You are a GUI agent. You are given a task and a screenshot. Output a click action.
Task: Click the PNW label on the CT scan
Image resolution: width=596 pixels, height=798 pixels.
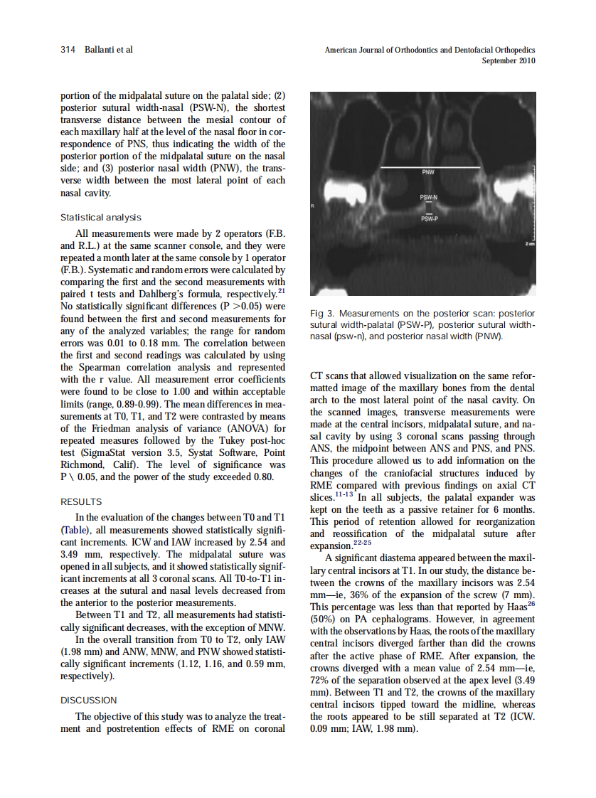click(x=428, y=173)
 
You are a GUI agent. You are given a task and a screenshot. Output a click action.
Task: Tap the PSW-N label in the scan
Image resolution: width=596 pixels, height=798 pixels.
click(x=428, y=197)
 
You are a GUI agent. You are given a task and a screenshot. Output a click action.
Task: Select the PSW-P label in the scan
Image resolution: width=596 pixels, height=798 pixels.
click(x=428, y=219)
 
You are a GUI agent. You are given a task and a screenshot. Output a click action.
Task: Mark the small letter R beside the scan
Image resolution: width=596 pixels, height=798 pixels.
click(x=312, y=206)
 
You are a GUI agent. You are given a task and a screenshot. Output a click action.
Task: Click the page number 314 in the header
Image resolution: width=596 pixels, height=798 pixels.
click(x=68, y=50)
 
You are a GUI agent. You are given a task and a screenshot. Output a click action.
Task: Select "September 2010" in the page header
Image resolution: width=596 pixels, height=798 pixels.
click(x=509, y=61)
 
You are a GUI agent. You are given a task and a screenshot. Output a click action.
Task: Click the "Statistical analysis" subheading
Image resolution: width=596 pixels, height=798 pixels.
click(x=100, y=218)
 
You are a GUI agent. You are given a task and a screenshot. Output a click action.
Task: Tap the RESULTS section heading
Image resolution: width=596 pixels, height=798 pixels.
click(x=80, y=501)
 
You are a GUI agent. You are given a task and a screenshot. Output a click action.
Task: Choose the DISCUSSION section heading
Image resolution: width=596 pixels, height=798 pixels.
click(x=88, y=700)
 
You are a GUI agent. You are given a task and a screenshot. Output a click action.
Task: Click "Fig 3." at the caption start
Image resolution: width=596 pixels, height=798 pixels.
click(x=324, y=314)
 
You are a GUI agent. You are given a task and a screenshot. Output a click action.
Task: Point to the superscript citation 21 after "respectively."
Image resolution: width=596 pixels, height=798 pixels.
click(x=282, y=291)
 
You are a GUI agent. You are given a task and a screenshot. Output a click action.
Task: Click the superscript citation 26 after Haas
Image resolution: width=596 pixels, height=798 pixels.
click(x=531, y=603)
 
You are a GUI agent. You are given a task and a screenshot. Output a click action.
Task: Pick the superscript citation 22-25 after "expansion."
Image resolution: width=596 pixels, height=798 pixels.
click(x=361, y=542)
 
